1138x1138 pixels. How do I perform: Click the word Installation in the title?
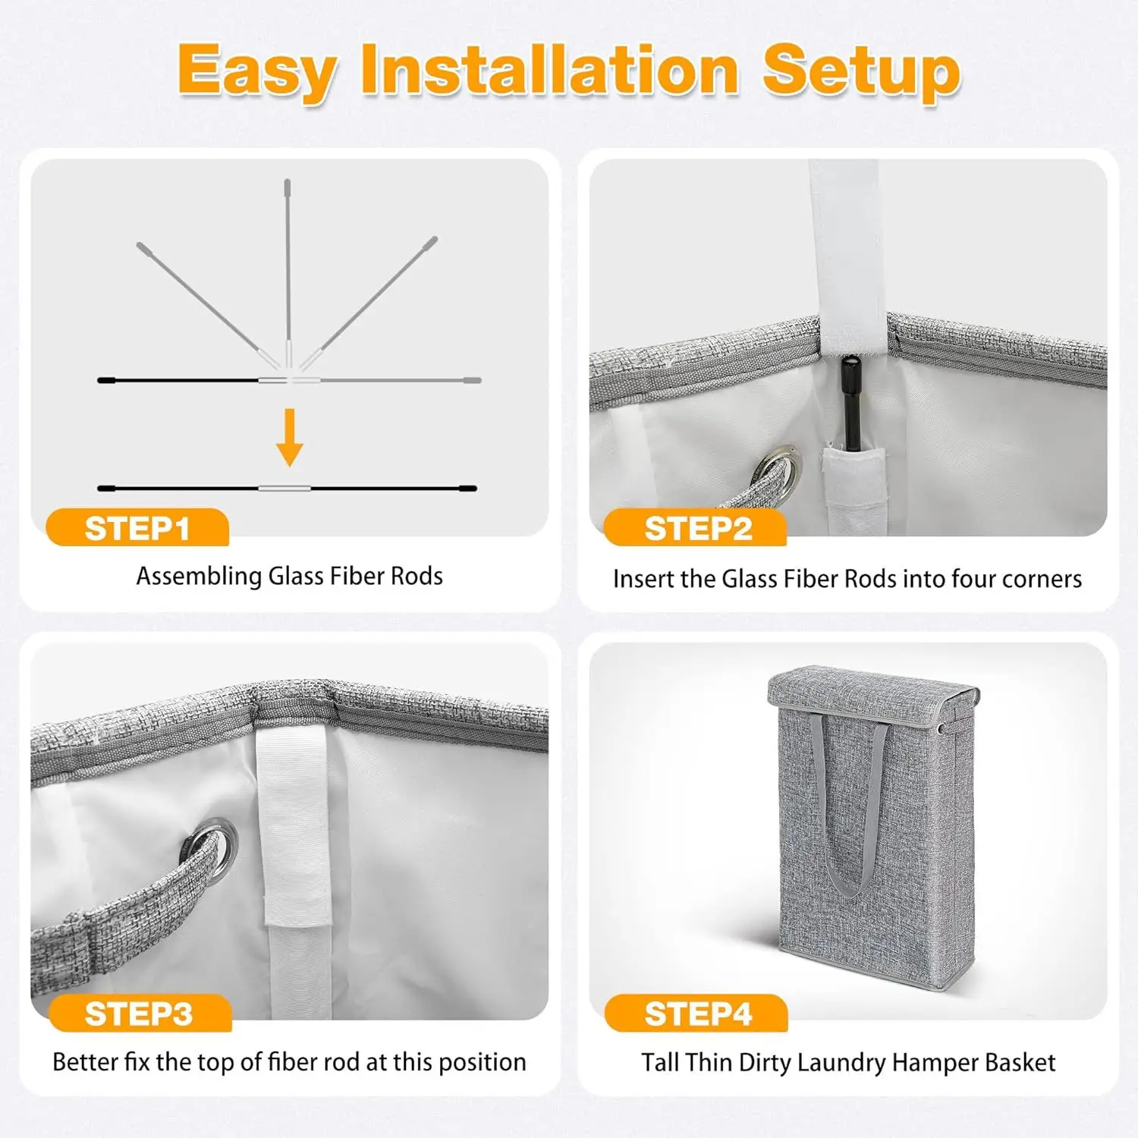[x=549, y=70]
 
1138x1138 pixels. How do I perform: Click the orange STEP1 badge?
[x=137, y=528]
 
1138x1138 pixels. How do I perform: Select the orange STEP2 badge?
[x=696, y=528]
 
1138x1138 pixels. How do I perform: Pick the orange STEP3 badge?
[x=139, y=1014]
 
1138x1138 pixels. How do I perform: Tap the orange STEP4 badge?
[x=696, y=1014]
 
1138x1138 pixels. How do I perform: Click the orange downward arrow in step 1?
[x=289, y=437]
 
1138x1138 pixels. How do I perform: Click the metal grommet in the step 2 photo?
[x=781, y=466]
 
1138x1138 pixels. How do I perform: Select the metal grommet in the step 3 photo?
[x=213, y=842]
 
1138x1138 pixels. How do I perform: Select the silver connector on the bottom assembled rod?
[x=284, y=489]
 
